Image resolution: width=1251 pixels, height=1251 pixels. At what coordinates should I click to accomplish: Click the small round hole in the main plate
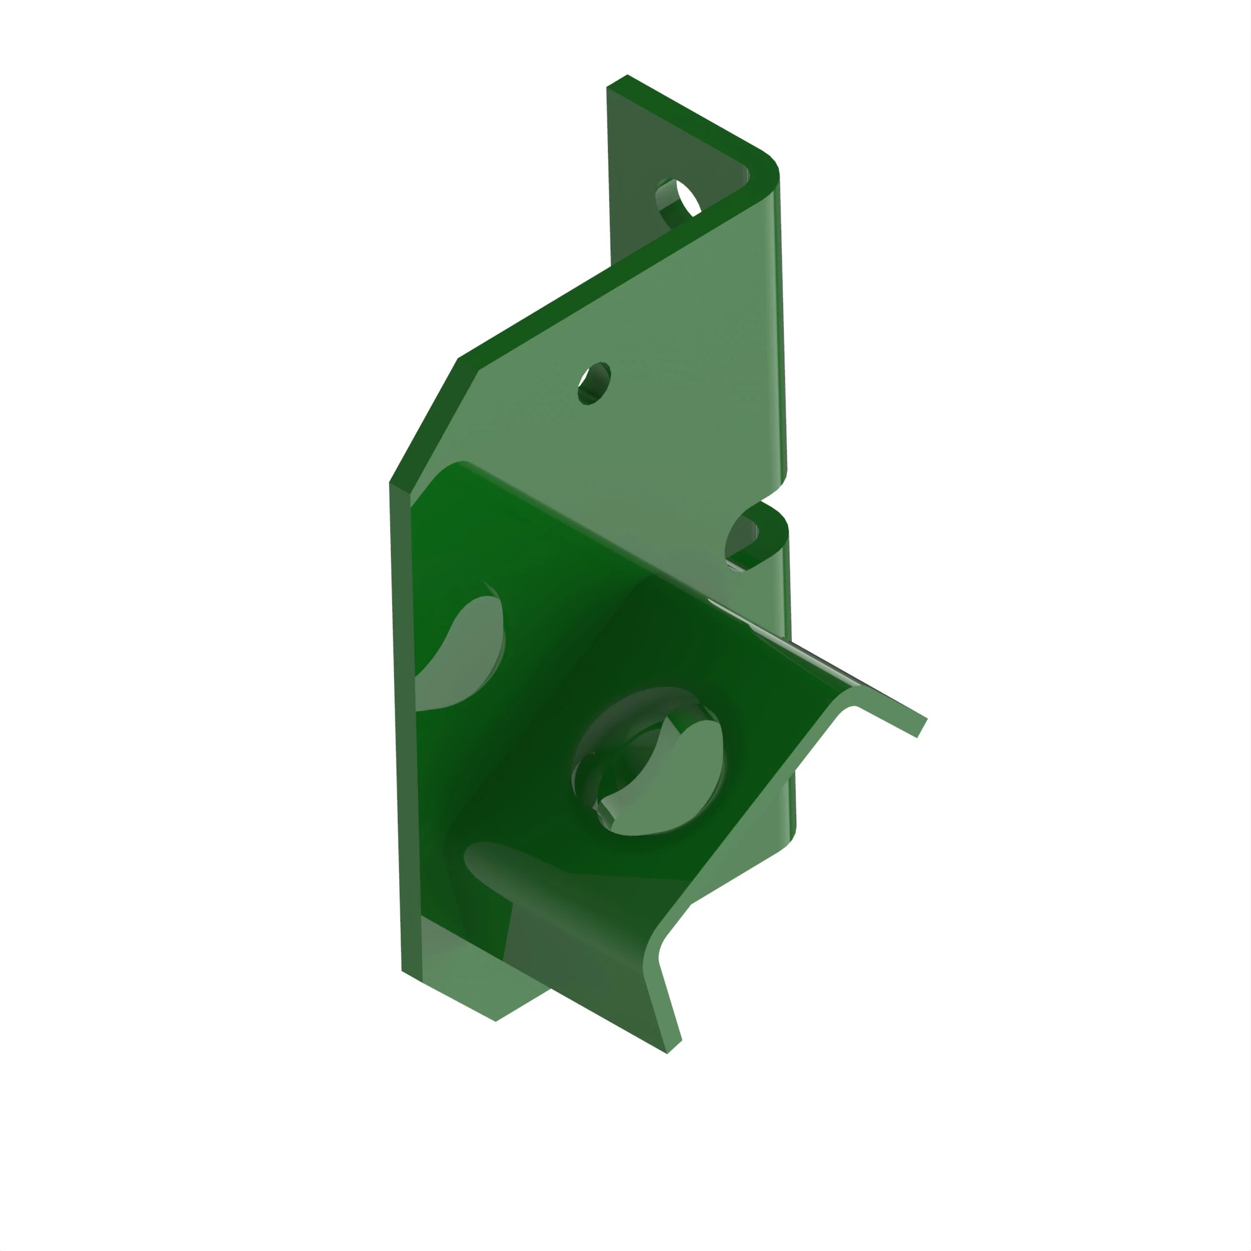(x=594, y=383)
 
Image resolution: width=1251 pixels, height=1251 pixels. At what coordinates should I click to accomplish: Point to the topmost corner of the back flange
(x=625, y=77)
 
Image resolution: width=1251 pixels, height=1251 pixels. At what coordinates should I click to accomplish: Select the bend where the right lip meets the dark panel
(x=842, y=699)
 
